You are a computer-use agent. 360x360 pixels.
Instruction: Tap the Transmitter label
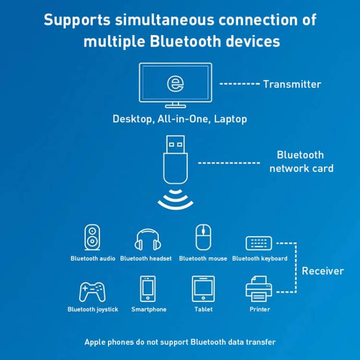point(292,84)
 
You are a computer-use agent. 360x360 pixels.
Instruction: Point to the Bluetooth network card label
point(301,162)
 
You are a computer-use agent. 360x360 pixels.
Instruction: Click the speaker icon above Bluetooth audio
point(92,238)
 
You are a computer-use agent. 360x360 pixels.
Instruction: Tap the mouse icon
point(203,237)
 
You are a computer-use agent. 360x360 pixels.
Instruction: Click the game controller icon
point(92,291)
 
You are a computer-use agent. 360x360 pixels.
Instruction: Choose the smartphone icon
point(148,289)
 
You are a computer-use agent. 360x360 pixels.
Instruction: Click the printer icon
point(260,288)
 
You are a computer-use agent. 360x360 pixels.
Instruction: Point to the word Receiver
point(323,271)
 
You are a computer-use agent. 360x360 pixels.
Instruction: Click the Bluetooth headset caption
point(146,259)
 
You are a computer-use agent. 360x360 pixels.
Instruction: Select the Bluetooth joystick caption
point(93,310)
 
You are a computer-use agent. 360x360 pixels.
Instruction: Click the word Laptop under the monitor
point(230,119)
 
